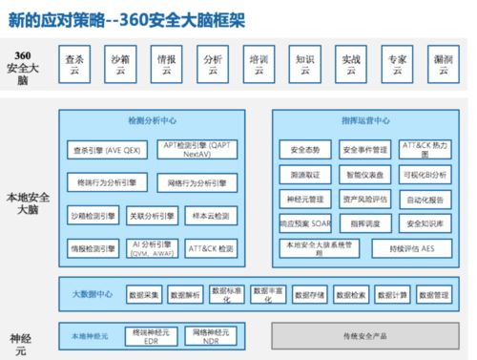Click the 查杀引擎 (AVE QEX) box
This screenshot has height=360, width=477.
coord(105,149)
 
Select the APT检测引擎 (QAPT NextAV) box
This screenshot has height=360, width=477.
coord(197,149)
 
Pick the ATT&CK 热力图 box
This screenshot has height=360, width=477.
coord(425,149)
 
